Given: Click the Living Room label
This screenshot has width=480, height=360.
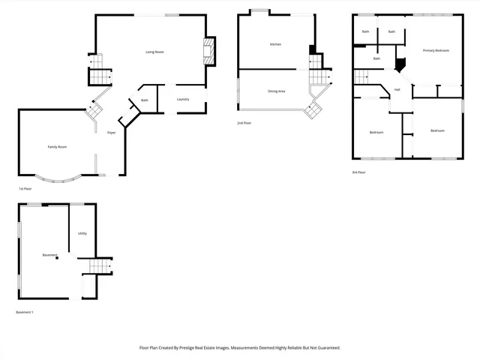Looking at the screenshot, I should coord(154,52).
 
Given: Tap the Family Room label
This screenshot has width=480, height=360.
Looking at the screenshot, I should coord(57,147).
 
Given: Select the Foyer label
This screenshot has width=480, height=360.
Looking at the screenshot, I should coord(111,132).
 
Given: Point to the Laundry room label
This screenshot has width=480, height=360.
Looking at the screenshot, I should coord(182,100).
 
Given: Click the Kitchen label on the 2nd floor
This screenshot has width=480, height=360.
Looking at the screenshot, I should coord(275,45).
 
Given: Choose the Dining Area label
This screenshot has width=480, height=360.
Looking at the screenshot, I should coord(276,91).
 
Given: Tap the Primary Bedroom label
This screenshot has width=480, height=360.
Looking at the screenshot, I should coord(436,50).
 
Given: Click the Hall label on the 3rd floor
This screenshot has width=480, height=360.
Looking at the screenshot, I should coord(397,89).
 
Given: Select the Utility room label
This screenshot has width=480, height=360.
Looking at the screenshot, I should coord(82,233).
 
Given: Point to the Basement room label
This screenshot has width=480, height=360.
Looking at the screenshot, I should coord(49,255).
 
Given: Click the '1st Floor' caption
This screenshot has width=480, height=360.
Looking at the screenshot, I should coord(25,189).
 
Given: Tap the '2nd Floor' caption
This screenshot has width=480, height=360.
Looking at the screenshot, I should coord(244,122).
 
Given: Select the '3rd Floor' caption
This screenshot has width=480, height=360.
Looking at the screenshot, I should coord(358,172).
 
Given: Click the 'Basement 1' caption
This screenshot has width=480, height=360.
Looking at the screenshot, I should coord(24,312).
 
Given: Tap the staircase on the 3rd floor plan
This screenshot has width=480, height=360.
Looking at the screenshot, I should coord(363,76).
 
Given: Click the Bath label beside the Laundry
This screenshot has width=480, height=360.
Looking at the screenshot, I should coord(144,100).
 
